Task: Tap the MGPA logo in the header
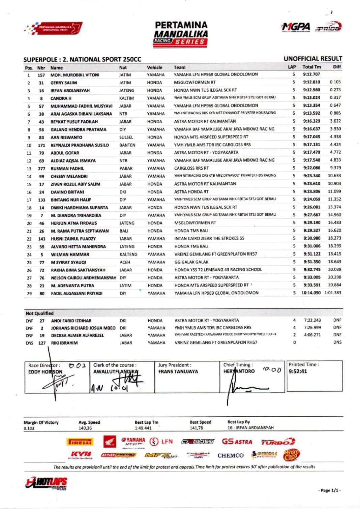[296, 27]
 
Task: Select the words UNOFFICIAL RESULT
[312, 59]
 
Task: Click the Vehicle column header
[154, 67]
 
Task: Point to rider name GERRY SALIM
[64, 83]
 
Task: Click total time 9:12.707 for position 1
[311, 74]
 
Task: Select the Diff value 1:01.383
[333, 293]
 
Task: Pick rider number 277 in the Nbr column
[41, 169]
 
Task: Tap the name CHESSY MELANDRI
[69, 176]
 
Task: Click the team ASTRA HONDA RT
[191, 192]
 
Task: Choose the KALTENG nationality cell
[128, 254]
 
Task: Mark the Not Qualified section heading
[40, 313]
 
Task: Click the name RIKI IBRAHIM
[64, 343]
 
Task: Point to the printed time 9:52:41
[298, 371]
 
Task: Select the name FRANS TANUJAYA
[178, 371]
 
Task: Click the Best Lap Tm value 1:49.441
[143, 428]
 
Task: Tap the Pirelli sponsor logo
[80, 442]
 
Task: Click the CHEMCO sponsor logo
[230, 455]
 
